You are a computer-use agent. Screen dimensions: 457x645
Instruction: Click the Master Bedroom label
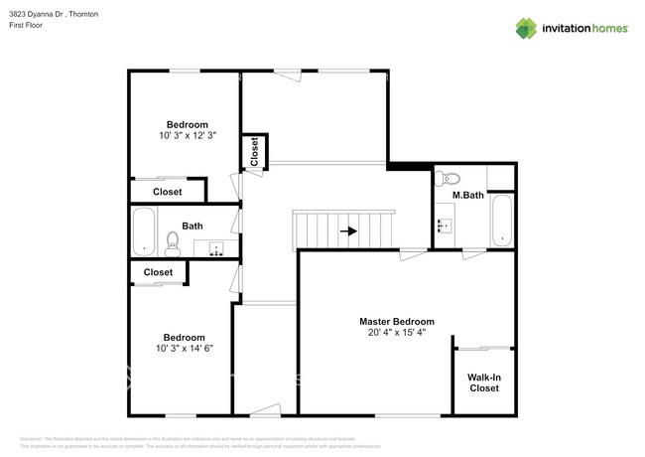pos(396,322)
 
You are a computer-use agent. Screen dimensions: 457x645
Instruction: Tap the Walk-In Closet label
pos(483,382)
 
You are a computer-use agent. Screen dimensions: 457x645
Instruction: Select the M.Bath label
pos(467,196)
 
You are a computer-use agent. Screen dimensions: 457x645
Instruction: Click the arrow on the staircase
pos(347,231)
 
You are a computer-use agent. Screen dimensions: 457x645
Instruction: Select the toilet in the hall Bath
pos(172,241)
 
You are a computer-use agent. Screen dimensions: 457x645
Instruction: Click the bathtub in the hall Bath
pos(144,231)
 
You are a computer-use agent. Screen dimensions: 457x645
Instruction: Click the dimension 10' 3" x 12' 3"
pos(187,135)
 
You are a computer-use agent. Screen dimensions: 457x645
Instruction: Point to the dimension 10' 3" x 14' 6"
pos(185,349)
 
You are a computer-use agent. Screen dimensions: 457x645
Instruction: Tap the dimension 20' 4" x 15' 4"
pos(396,334)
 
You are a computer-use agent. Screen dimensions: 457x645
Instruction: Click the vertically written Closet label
pos(254,151)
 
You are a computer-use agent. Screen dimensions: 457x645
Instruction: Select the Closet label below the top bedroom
pos(167,192)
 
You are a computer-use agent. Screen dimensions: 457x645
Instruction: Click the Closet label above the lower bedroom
pos(158,272)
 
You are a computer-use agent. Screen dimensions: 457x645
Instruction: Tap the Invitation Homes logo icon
pos(525,28)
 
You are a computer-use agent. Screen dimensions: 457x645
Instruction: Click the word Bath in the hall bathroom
pos(193,226)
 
